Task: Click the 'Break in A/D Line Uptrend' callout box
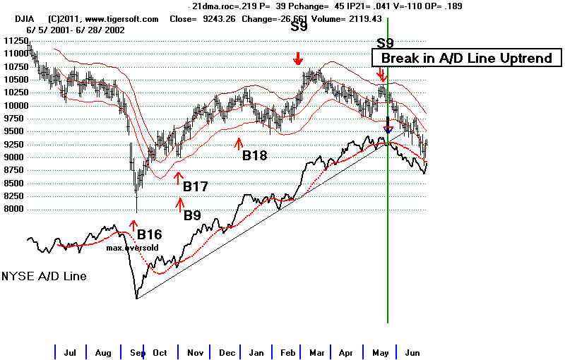(467, 58)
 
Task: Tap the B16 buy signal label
(150, 235)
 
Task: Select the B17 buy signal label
(196, 186)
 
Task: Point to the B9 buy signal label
(192, 215)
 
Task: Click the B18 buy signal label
(255, 155)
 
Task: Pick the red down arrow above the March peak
(297, 59)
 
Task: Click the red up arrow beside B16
(133, 225)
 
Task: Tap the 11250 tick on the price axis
(16, 41)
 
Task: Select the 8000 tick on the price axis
(13, 209)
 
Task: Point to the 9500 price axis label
(13, 131)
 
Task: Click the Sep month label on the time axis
(138, 353)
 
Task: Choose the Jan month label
(256, 353)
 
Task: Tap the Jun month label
(412, 353)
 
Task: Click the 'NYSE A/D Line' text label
(44, 276)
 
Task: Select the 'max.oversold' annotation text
(132, 248)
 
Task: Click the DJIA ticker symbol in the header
(25, 19)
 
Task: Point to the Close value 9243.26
(219, 19)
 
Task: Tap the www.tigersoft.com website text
(121, 19)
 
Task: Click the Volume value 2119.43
(365, 19)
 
